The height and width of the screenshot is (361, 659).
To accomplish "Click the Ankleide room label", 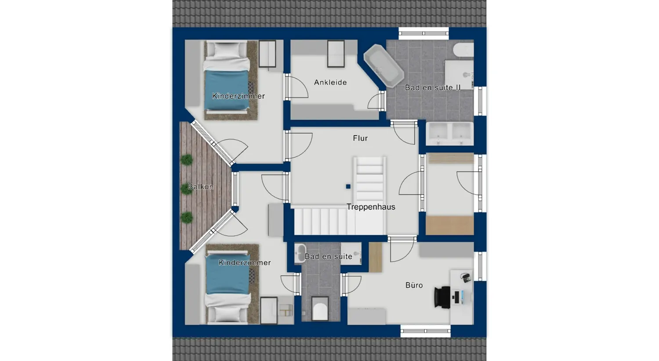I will coord(330,82).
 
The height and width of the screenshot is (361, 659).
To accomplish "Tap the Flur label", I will coord(360,138).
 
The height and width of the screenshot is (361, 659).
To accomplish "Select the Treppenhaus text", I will coord(371,207).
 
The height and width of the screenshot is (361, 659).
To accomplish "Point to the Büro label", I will coord(414,285).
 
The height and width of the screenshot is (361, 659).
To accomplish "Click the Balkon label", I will coord(201,187).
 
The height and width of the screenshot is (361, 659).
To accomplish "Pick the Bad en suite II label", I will coord(433,87).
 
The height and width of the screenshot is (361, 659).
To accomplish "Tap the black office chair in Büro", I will coord(442,297).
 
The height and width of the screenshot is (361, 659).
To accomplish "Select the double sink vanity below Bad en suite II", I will coord(449,133).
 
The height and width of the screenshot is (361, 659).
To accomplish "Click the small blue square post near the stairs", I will coord(348,187).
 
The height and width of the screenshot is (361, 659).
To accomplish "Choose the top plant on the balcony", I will coord(187,160).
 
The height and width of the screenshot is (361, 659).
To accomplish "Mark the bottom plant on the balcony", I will coord(187,217).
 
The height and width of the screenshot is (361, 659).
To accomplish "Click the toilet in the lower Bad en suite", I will coord(320,309).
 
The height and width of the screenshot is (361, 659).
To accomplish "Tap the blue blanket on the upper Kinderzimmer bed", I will coord(226,90).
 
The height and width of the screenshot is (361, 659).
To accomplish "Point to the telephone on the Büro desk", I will coord(465,278).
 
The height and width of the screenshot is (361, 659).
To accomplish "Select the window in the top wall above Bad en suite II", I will coord(424,33).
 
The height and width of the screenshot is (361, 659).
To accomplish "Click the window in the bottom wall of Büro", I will coord(425,331).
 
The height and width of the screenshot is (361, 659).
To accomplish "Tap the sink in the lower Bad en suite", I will coord(301,253).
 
